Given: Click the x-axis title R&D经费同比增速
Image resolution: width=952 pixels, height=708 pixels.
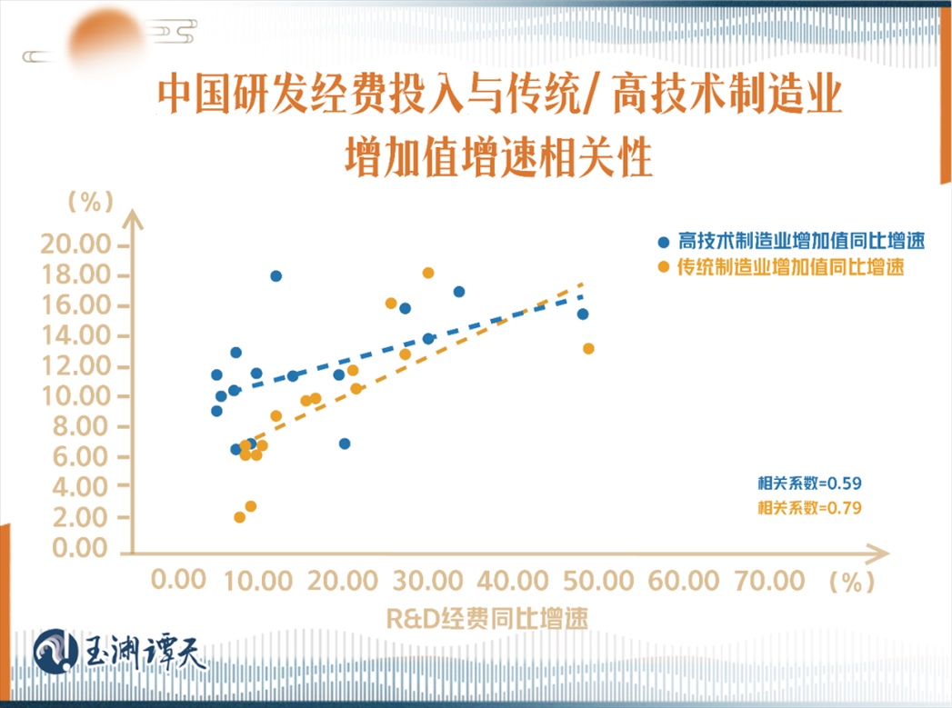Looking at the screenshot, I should (x=486, y=619).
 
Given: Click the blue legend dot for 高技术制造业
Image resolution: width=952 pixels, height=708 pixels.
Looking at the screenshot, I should (x=664, y=244).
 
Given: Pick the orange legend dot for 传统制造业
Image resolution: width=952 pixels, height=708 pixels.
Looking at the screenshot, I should (x=664, y=268).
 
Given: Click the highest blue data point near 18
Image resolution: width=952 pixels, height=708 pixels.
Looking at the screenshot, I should (x=276, y=275).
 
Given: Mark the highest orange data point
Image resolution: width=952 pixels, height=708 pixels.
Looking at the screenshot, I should (x=428, y=273).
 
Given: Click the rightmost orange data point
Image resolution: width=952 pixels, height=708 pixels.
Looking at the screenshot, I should (x=588, y=348).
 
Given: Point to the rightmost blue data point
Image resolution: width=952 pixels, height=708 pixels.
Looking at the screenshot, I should (x=583, y=314).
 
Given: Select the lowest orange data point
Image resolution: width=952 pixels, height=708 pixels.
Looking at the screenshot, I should (x=239, y=517).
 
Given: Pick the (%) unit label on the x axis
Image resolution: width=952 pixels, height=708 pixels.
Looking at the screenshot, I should (x=851, y=582).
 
